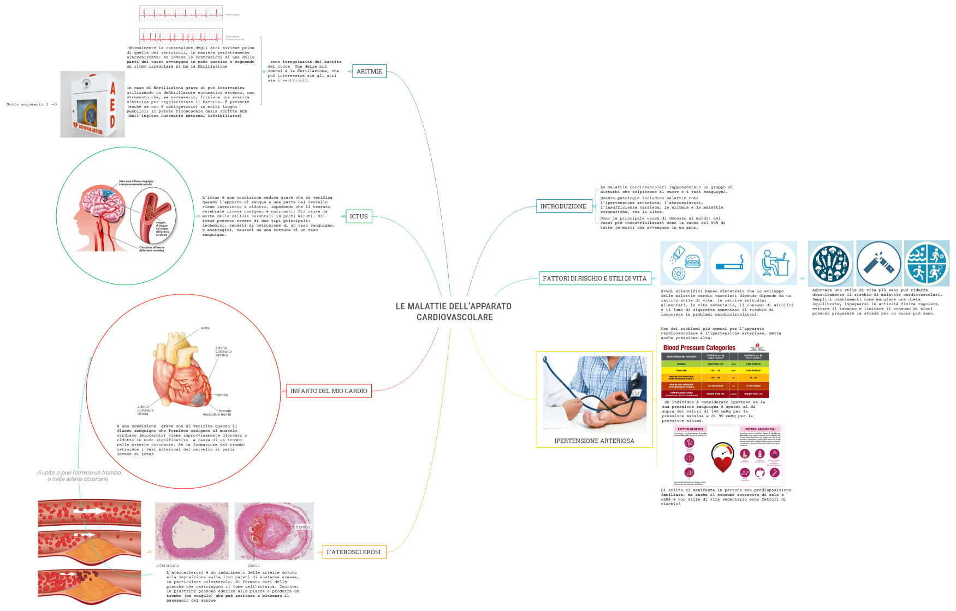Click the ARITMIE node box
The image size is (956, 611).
(369, 72)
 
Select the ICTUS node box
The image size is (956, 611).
(359, 217)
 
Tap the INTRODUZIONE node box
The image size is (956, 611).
(563, 206)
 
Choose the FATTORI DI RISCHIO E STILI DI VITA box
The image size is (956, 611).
(594, 278)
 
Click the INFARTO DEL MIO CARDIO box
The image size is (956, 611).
(329, 391)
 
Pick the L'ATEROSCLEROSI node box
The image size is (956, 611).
(354, 552)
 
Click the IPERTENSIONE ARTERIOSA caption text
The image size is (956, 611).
(594, 441)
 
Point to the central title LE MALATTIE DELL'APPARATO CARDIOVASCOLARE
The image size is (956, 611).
(454, 312)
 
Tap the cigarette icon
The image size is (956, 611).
(730, 263)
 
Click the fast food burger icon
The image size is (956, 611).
(685, 263)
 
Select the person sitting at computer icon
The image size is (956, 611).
(775, 263)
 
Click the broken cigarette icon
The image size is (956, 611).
(878, 263)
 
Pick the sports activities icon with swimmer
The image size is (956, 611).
(927, 263)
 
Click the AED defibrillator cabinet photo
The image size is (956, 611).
(92, 104)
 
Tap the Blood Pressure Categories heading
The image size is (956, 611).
(699, 348)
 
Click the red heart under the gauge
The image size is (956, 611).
(722, 464)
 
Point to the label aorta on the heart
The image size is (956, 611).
(205, 328)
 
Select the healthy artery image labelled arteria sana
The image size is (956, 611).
(192, 531)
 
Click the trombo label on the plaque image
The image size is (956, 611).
(302, 527)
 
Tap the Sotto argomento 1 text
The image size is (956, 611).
(27, 104)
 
